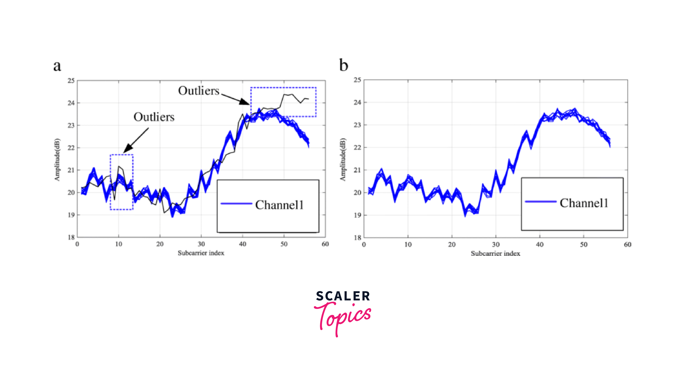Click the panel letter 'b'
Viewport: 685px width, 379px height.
coord(344,65)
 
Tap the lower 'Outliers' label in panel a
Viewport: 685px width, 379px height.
coord(154,117)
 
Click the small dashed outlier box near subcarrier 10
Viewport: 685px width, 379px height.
coord(121,182)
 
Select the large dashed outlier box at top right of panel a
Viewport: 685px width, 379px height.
coord(283,102)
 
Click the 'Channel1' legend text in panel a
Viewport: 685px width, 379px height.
coord(279,205)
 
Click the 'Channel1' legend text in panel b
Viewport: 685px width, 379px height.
coord(584,203)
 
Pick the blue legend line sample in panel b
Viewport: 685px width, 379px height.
coord(541,202)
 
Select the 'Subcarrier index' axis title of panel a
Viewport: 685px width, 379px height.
coord(201,253)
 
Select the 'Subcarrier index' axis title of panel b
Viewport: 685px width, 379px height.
coord(495,254)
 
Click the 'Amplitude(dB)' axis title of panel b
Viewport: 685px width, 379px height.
coord(343,159)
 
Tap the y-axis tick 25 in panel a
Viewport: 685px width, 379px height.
coord(71,81)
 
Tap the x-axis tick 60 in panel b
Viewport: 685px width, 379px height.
coord(628,245)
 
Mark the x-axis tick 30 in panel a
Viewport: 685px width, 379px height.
coord(201,244)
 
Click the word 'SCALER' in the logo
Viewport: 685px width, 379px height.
coord(343,296)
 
